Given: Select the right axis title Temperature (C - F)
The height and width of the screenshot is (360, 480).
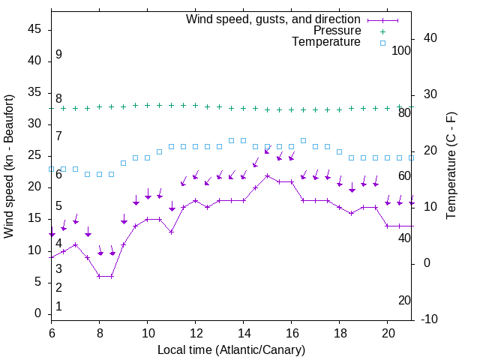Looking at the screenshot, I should coord(451,166).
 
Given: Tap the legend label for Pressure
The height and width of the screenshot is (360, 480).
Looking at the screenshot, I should coord(337,31).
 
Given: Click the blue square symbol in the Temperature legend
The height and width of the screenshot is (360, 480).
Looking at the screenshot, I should coord(382,43).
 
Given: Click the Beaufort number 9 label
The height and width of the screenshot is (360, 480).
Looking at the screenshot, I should coord(58,55).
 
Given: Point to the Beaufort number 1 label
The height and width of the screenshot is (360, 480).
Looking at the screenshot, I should coord(58,307).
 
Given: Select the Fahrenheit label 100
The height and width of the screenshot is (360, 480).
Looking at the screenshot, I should coord(401,50).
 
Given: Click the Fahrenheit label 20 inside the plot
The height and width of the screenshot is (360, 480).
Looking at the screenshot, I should coord(404,301).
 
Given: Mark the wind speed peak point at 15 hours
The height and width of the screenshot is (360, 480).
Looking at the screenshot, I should coord(267,175).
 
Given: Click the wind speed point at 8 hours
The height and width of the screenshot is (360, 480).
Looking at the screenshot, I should coord(100,276).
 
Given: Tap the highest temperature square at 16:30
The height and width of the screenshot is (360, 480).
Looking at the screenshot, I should coord(303,140).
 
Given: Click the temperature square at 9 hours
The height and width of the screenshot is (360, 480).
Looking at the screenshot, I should coord(124,163).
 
